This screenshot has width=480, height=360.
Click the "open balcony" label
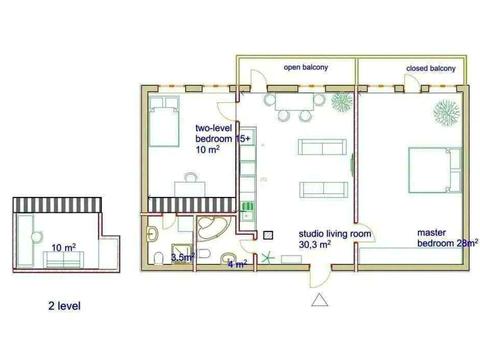click(306, 67)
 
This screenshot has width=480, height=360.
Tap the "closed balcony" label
click(431, 68)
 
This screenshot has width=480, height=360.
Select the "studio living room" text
click(335, 234)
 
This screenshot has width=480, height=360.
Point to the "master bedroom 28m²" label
click(448, 238)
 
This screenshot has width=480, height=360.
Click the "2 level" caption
click(64, 306)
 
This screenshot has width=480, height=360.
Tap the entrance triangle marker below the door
click(320, 300)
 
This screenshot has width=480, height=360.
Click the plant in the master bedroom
click(447, 111)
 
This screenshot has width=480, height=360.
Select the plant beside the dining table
click(342, 102)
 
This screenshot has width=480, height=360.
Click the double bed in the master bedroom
click(435, 170)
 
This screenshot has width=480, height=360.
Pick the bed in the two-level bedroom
click(164, 121)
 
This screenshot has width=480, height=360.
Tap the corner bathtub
click(211, 229)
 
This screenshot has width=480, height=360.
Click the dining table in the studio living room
click(294, 102)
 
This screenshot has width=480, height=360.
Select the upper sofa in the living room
click(322, 147)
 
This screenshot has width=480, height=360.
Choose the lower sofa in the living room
click(324, 190)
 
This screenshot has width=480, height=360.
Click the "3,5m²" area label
click(183, 257)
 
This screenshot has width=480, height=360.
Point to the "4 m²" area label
click(237, 264)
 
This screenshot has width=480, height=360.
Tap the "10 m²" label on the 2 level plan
click(64, 248)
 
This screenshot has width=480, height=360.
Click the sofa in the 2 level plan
click(63, 260)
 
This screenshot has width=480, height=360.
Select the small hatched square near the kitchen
click(268, 236)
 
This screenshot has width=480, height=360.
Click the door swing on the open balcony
click(258, 80)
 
